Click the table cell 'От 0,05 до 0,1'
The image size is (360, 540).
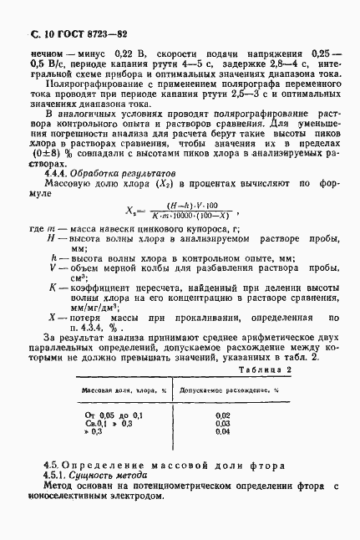click(x=114, y=415)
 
